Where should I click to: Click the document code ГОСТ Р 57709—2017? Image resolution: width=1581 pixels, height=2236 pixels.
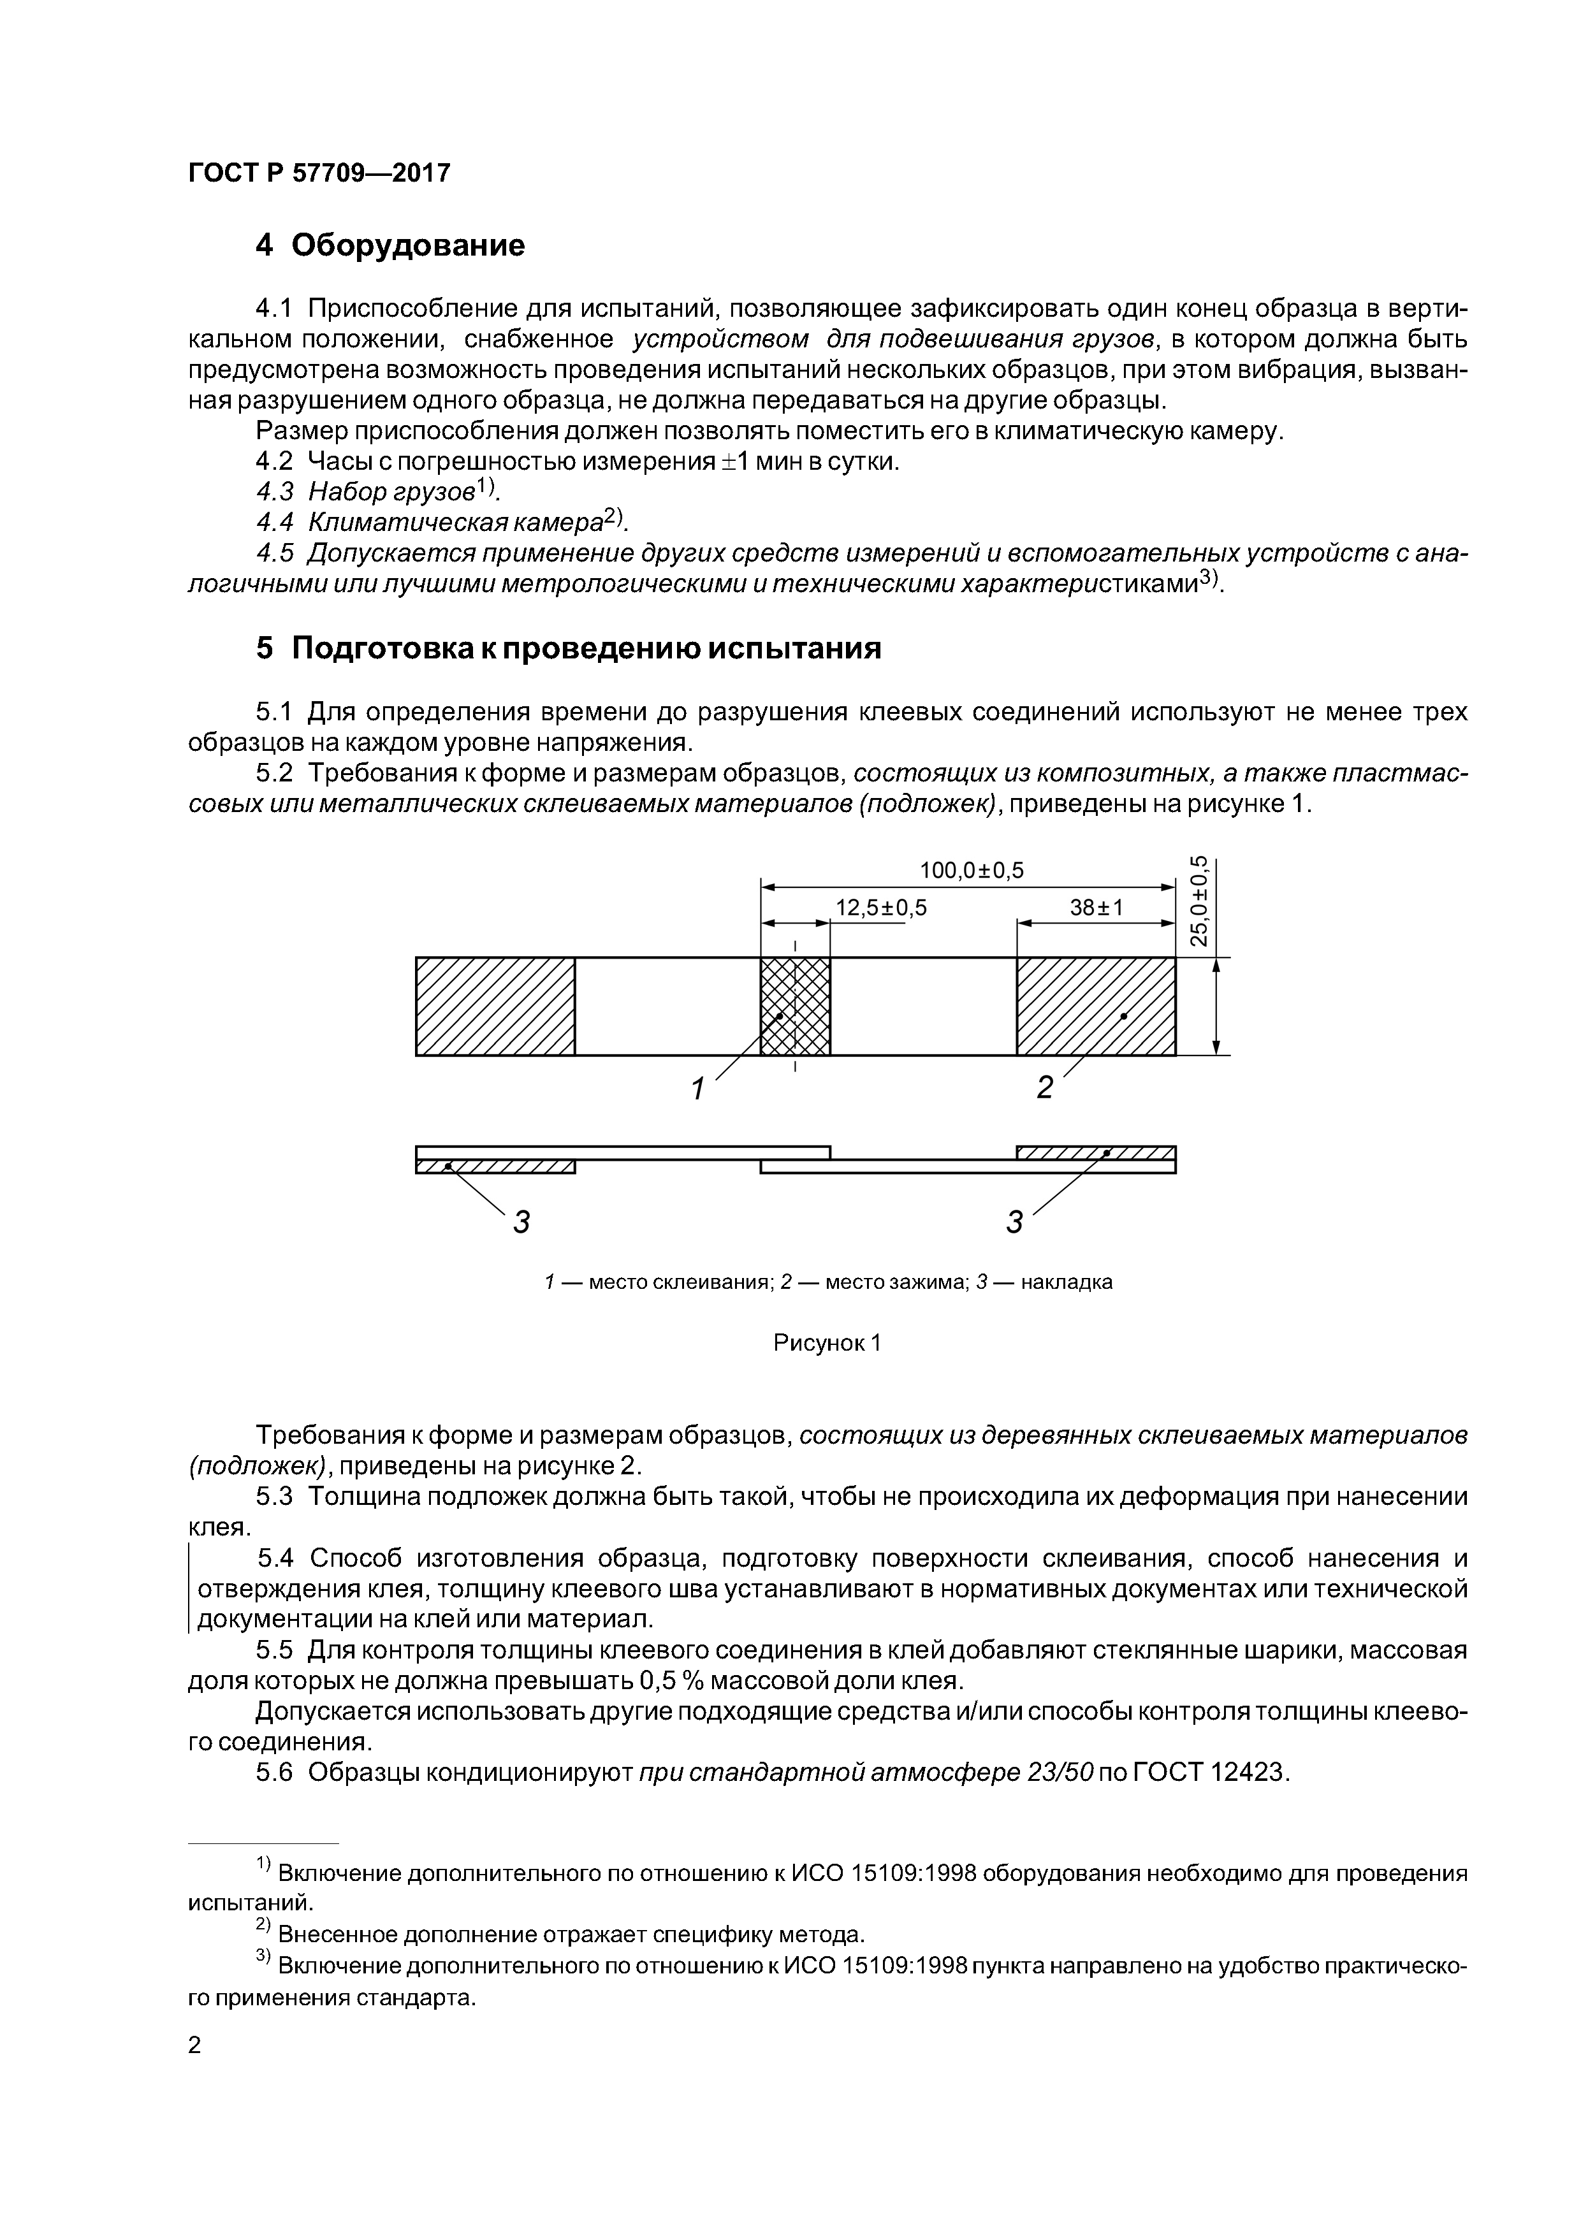319,173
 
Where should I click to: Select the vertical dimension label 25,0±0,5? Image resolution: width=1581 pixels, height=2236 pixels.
1200,900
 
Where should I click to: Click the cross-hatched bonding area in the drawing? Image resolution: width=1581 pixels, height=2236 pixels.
795,1006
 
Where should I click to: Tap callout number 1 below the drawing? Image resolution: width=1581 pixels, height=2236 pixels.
697,1089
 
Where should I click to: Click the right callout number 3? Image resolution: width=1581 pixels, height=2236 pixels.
1014,1221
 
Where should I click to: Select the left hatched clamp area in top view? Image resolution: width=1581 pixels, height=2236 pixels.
495,1006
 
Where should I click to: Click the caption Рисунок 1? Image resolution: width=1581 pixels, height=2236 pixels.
826,1343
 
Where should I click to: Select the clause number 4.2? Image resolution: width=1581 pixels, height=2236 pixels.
275,461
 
